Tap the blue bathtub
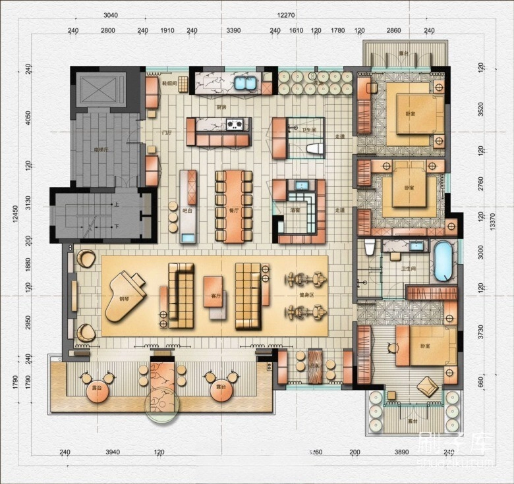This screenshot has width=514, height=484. tap(443, 261)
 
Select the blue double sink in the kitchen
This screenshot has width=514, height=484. tap(246, 84)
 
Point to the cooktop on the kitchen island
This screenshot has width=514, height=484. tap(235, 123)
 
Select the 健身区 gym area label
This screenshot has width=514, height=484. tap(306, 294)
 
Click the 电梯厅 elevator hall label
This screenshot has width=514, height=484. tap(100, 149)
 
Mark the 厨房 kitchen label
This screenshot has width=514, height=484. tap(222, 107)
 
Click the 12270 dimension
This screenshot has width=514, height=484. tap(285, 15)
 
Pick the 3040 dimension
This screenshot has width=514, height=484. tap(111, 15)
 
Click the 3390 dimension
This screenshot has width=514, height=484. tap(233, 30)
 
